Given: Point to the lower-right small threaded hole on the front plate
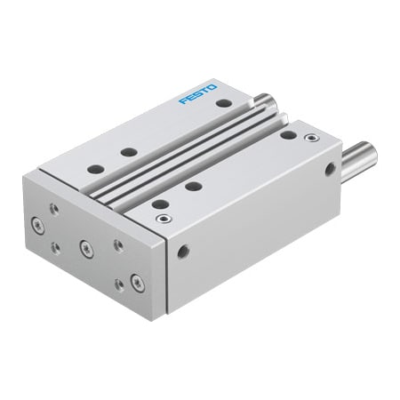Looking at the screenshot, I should click(119, 284).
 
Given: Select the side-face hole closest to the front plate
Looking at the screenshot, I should click(184, 250).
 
